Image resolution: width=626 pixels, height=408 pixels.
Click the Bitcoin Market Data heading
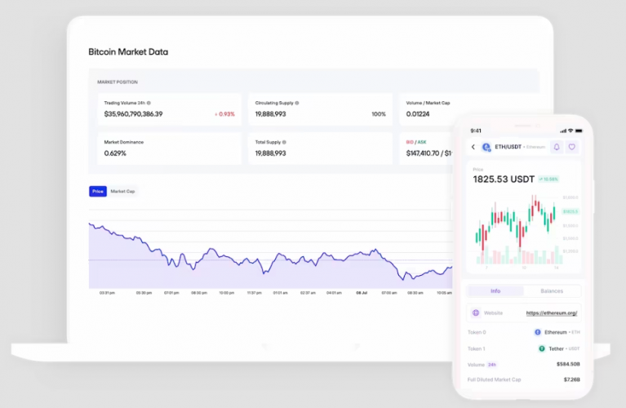click(x=128, y=52)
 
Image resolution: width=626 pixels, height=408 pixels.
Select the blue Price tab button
click(x=98, y=191)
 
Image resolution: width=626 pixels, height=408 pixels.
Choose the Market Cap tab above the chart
click(x=123, y=191)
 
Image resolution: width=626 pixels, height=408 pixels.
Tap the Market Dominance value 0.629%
click(x=115, y=153)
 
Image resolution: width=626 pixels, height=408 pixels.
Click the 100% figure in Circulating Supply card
click(x=379, y=114)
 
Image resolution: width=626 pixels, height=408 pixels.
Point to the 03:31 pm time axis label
click(x=106, y=292)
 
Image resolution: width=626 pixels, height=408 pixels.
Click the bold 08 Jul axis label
click(x=361, y=292)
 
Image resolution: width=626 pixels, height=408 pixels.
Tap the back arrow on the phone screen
click(x=473, y=147)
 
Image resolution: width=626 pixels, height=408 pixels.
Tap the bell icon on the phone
click(x=557, y=147)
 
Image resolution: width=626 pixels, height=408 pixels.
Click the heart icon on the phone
click(x=572, y=147)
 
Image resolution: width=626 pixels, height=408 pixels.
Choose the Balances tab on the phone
click(x=552, y=290)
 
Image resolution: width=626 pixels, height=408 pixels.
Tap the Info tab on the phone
click(x=495, y=290)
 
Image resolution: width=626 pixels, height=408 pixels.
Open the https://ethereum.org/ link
click(x=552, y=313)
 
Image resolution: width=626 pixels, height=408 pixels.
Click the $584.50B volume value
click(x=567, y=364)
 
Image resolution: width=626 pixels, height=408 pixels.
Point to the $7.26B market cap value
click(x=571, y=379)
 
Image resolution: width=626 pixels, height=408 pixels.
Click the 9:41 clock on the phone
click(x=476, y=131)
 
